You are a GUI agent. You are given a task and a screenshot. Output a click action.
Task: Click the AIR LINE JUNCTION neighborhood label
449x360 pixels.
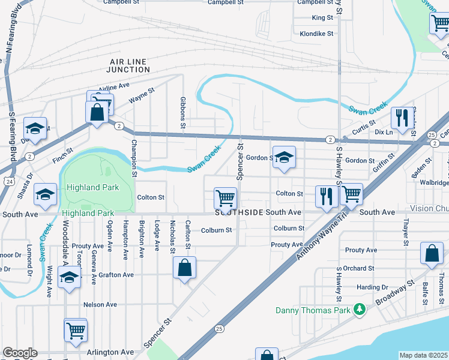point(130,65)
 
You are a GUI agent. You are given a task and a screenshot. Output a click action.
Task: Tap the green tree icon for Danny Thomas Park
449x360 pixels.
point(359,310)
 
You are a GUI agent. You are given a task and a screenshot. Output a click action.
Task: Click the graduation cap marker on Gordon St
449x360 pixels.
point(284,157)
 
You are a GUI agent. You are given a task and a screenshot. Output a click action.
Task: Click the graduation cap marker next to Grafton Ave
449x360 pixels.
point(70,278)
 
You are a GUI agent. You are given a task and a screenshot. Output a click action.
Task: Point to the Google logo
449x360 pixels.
point(20,353)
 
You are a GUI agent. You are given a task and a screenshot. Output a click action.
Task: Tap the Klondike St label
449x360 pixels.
point(316,34)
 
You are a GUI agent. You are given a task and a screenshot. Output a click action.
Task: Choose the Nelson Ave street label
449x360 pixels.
point(100,305)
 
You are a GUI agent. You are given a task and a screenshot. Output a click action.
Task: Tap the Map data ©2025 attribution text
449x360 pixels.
point(423,355)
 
